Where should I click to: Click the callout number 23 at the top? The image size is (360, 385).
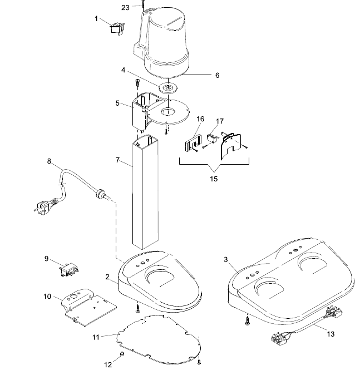pos(125,8)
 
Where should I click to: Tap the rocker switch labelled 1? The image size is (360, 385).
pos(117,28)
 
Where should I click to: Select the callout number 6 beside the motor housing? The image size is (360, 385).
pos(218,75)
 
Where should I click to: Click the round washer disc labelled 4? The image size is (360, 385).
pos(169,88)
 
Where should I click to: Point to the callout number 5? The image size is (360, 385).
pos(117,103)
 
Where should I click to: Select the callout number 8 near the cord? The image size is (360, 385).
pos(49,161)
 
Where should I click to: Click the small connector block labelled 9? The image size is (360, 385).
pos(69,269)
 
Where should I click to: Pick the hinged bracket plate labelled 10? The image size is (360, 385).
pos(88,307)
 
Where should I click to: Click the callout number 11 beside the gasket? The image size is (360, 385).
pos(96,337)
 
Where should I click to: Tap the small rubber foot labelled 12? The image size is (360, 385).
pos(122,354)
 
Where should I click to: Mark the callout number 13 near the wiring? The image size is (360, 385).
pos(331,334)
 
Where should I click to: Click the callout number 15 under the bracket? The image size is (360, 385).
pos(214,179)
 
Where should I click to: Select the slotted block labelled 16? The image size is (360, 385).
pos(193,144)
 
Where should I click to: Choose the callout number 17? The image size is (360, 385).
pos(220,121)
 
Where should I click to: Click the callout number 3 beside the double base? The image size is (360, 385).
pos(226,259)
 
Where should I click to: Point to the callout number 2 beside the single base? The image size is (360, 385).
pos(107,277)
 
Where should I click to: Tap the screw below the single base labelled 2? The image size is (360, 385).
pos(138,309)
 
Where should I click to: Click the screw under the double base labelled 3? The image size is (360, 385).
pos(248,320)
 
